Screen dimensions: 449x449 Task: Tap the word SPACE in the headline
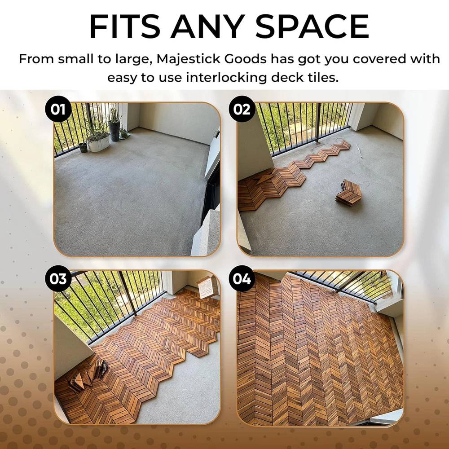coord(312,26)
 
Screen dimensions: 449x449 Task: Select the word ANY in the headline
coord(207,26)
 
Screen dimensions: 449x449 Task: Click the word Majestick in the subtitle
coord(188,59)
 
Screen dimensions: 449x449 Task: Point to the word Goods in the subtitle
coord(246,59)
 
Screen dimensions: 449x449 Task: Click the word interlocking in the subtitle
coord(226,78)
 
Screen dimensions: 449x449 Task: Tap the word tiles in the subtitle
coord(322,77)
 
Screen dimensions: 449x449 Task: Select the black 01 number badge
coord(58,109)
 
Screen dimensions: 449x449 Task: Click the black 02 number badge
coord(242,109)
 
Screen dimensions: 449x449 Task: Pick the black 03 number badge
coord(58,278)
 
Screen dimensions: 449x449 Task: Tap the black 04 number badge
coord(242,278)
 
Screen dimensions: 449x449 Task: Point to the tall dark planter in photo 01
coord(114,131)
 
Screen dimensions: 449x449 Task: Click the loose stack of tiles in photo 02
coord(349,193)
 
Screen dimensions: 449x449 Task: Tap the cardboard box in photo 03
coord(205,286)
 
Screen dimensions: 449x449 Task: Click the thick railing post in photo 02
coord(317,123)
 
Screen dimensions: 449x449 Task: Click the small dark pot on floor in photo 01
coord(84,147)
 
